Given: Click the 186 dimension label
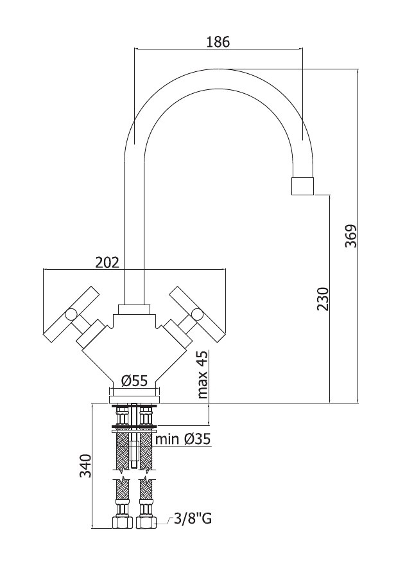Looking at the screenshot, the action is click(x=218, y=42).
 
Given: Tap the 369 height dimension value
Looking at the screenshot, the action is click(x=351, y=235).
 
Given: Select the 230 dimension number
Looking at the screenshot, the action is click(x=323, y=299).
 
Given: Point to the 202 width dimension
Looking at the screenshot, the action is click(x=107, y=262).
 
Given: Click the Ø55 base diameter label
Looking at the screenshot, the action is click(x=135, y=380).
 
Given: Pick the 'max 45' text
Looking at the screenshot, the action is click(x=202, y=375).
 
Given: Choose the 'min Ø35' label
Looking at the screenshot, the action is click(x=184, y=439).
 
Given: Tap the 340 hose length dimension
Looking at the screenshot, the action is click(x=86, y=465).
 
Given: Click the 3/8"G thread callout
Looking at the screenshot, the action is click(x=193, y=518).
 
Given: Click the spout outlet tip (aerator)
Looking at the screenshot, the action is click(x=303, y=186).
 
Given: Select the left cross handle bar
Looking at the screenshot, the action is click(x=71, y=314).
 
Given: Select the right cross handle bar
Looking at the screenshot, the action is click(x=197, y=314).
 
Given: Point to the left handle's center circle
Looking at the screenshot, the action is click(x=71, y=315).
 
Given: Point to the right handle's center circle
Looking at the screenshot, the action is click(x=198, y=315).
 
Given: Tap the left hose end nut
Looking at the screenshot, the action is click(x=123, y=522).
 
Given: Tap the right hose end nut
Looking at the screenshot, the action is click(x=146, y=522).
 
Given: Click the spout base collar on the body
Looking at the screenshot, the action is click(x=134, y=310).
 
